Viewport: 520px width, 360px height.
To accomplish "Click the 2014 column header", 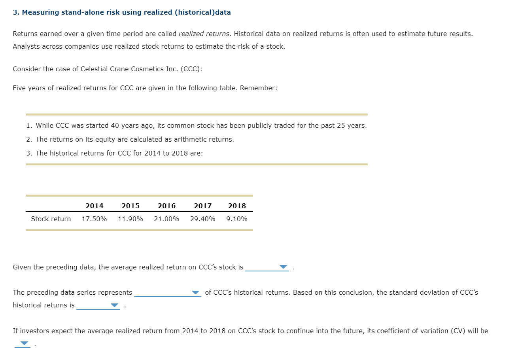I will (94, 206).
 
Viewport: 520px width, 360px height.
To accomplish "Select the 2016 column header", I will (166, 206).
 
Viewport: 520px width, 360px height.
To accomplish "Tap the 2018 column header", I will (237, 206).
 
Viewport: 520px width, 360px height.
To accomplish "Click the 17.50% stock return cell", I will (94, 219).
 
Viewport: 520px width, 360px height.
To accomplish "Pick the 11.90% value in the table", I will (130, 219).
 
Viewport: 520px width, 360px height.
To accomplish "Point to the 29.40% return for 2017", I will (202, 219).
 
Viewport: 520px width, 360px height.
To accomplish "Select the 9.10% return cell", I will (237, 219).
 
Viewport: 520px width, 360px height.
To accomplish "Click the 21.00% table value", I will (166, 219).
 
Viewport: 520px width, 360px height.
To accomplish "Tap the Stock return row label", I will (51, 219).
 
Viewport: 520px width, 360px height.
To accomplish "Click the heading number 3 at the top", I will (15, 12).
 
